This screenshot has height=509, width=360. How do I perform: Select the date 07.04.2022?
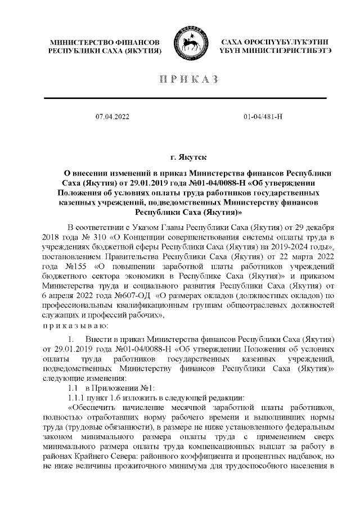point(112,116)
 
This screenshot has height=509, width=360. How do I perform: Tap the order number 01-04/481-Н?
point(263,116)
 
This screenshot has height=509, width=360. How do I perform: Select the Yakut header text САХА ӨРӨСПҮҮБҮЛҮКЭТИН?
point(274,43)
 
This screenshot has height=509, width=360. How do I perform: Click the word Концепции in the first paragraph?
point(130,237)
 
